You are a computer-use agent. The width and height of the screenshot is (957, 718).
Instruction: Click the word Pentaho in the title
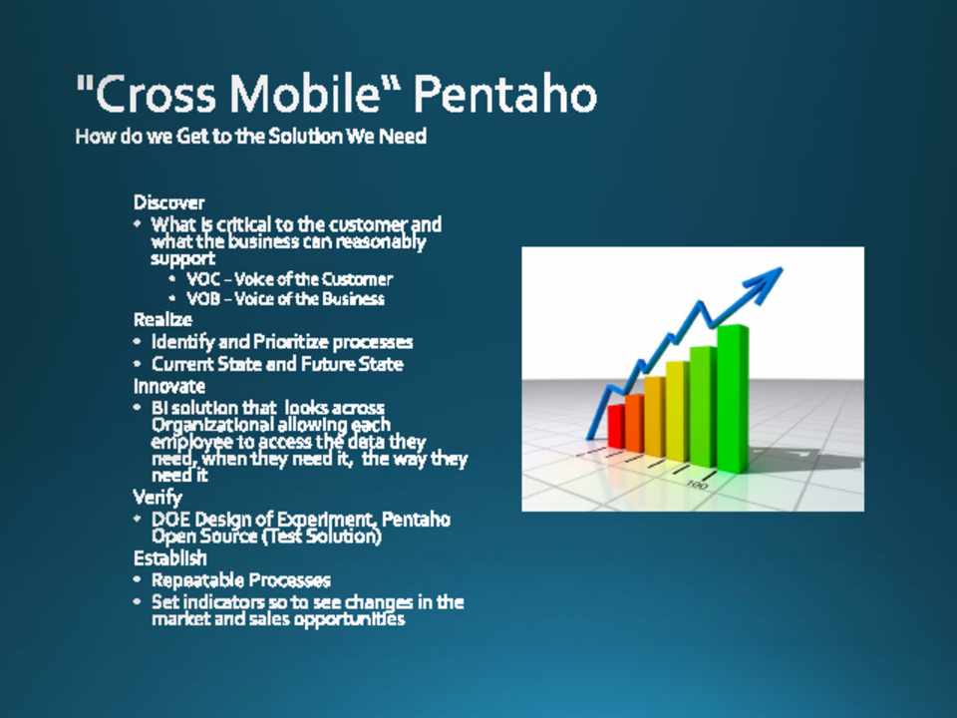pyautogui.click(x=504, y=95)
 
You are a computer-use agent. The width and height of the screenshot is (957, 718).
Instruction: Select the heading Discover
pyautogui.click(x=169, y=202)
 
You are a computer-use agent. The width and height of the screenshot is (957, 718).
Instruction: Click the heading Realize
pyautogui.click(x=162, y=319)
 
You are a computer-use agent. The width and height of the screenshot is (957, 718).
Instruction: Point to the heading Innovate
pyautogui.click(x=169, y=386)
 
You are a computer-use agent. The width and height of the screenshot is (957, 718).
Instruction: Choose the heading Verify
pyautogui.click(x=158, y=498)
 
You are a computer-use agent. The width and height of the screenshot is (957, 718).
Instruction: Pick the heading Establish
pyautogui.click(x=170, y=558)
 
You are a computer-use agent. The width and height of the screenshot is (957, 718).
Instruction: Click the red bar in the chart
pyautogui.click(x=616, y=426)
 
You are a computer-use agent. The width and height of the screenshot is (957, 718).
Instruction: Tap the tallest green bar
pyautogui.click(x=733, y=399)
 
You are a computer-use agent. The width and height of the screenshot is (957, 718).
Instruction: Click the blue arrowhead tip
pyautogui.click(x=782, y=268)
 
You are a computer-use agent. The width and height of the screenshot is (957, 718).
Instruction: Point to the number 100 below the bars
pyautogui.click(x=697, y=485)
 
